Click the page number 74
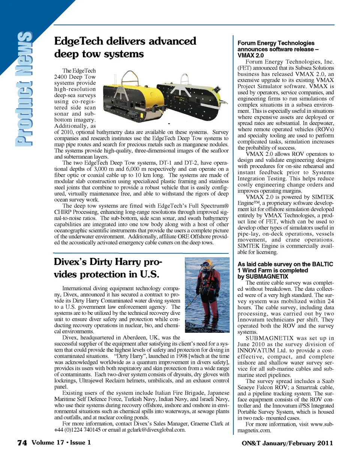(22, 443)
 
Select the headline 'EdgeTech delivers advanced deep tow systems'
(125, 47)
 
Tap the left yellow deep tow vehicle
(129, 91)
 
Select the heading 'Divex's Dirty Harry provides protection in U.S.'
(108, 268)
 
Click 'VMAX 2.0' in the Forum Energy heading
(250, 55)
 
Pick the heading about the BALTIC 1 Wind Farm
(285, 267)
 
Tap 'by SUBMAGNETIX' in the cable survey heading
(263, 277)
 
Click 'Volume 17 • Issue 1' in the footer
(61, 443)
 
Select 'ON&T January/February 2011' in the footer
(287, 443)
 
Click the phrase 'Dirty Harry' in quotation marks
(130, 356)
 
